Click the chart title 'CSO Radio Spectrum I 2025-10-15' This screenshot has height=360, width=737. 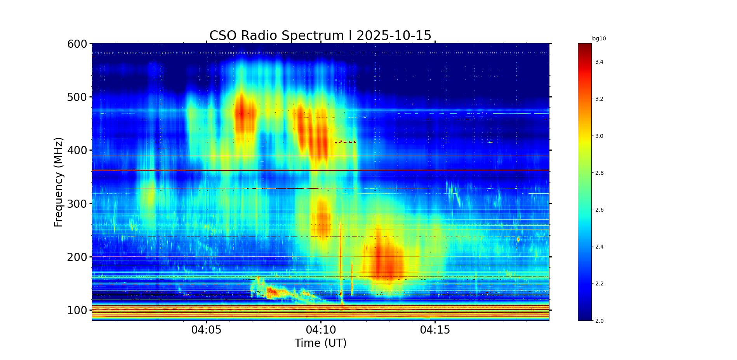pyautogui.click(x=320, y=36)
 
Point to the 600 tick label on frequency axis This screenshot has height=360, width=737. pyautogui.click(x=77, y=44)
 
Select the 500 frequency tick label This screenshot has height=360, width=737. pyautogui.click(x=77, y=97)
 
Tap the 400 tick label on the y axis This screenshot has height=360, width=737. pyautogui.click(x=77, y=150)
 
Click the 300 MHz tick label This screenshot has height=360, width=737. pyautogui.click(x=77, y=204)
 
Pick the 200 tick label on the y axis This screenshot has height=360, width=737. pyautogui.click(x=77, y=257)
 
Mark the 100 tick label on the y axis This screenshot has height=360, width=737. pyautogui.click(x=77, y=310)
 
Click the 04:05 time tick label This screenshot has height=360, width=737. pyautogui.click(x=206, y=330)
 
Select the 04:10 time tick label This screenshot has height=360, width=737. pyautogui.click(x=321, y=330)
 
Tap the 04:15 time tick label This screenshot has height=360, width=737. pyautogui.click(x=435, y=330)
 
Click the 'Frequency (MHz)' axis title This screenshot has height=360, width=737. pyautogui.click(x=58, y=182)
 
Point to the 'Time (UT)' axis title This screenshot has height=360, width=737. pyautogui.click(x=320, y=343)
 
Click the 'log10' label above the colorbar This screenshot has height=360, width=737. pyautogui.click(x=598, y=39)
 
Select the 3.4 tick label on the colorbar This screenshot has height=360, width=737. pyautogui.click(x=599, y=62)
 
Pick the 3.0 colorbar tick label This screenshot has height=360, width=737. pyautogui.click(x=599, y=136)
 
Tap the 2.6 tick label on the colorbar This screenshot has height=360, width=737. pyautogui.click(x=599, y=210)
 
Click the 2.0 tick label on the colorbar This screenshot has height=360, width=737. pyautogui.click(x=599, y=321)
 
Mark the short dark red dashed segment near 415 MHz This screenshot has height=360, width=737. pyautogui.click(x=346, y=142)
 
